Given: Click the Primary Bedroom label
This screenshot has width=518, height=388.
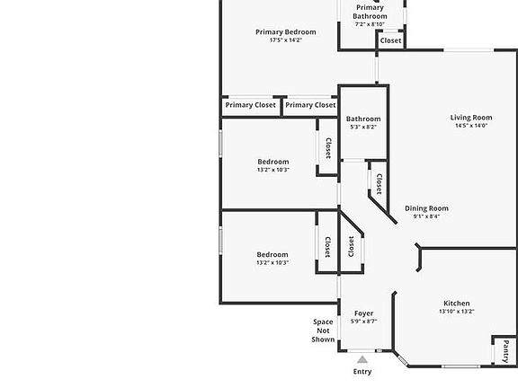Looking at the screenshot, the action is point(286,32).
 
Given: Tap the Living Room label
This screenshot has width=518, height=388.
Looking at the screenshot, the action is point(471,118).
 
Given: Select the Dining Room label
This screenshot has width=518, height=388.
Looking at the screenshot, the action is point(426,208).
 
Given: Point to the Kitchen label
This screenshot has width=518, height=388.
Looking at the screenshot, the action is point(457,304).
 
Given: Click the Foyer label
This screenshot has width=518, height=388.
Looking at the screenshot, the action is point(363,313).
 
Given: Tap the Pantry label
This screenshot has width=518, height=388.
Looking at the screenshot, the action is point(505,352).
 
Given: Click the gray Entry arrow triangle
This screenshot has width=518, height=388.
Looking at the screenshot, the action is point(362,359).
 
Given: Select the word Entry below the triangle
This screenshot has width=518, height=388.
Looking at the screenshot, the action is point(362,372).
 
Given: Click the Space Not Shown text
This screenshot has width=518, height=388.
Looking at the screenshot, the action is point(323,331).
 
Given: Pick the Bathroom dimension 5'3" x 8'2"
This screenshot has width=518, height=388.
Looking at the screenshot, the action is point(363,127).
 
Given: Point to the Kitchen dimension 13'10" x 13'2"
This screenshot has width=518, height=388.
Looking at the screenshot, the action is point(457,311).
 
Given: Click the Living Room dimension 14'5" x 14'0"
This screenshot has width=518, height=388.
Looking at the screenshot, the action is point(471,126).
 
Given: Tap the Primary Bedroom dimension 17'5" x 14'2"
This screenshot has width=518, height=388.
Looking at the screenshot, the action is point(286,40).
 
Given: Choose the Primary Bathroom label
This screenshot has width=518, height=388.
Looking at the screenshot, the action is point(370,12).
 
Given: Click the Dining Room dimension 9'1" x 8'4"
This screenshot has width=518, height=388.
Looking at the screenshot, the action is point(426,216).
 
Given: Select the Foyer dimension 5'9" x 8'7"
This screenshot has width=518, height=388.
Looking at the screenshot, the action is point(363,321).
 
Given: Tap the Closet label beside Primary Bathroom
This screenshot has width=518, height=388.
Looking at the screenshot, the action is point(391,40).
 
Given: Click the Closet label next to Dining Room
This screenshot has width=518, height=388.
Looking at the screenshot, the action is point(379,184).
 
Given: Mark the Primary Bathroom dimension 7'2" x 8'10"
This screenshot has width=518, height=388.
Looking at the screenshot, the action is point(370,24).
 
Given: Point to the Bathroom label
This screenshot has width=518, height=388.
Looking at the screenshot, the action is point(363,119).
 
